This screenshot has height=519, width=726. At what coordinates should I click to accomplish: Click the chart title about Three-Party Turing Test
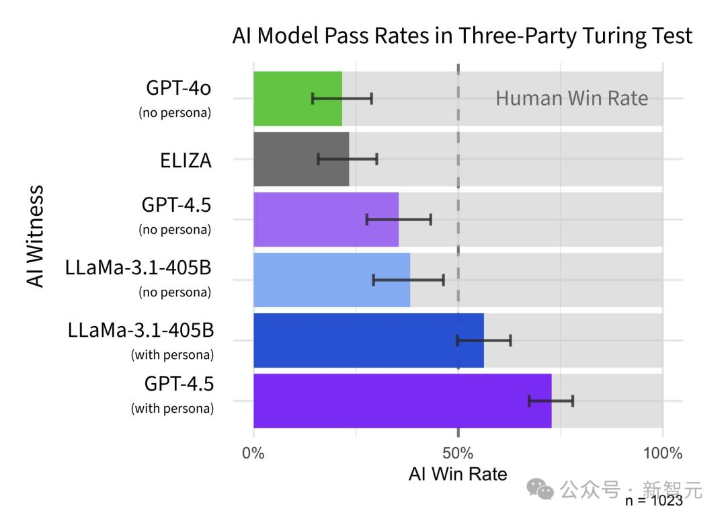tap(462, 36)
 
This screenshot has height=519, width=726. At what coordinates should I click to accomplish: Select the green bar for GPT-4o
tap(297, 99)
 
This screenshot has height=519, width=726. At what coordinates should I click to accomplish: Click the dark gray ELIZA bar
tap(300, 159)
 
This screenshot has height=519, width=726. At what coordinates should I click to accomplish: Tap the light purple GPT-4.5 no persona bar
tap(325, 220)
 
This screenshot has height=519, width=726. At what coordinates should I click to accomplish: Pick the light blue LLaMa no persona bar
tap(331, 280)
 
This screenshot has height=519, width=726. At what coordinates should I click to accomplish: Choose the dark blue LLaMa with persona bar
tap(368, 341)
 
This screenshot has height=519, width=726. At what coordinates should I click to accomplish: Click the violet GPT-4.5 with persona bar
tap(402, 401)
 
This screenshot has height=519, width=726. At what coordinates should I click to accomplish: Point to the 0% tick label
tap(253, 453)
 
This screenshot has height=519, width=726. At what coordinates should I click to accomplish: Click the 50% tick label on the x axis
tap(458, 453)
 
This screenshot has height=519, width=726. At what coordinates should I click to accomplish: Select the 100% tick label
tap(662, 453)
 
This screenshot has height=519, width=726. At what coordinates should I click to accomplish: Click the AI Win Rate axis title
tap(458, 474)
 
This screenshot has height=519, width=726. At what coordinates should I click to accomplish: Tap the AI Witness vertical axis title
tap(36, 237)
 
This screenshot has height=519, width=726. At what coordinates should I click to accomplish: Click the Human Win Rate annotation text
tap(571, 99)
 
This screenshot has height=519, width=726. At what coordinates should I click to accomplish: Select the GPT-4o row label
tap(177, 89)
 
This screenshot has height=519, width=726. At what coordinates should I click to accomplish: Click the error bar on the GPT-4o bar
tap(342, 99)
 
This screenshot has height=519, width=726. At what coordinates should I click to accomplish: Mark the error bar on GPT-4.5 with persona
tap(551, 401)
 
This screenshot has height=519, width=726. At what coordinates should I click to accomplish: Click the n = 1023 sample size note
tap(653, 501)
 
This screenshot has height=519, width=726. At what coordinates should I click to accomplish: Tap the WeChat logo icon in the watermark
tap(540, 489)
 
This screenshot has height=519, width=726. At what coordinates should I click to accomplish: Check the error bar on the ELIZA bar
tap(348, 159)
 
